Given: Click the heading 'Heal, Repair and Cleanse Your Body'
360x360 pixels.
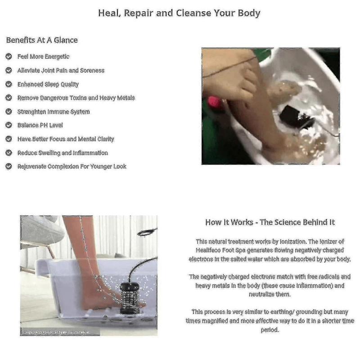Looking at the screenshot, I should pos(179,13).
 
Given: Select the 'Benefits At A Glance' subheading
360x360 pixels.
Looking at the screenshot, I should pos(42,40).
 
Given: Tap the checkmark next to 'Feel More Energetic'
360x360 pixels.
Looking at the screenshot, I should pos(9,57).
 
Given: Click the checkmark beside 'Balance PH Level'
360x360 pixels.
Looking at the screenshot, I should pos(9,125).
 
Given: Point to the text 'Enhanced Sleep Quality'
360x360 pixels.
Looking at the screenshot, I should pos(48,84).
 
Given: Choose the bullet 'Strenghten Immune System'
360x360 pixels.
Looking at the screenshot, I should pos(53,112).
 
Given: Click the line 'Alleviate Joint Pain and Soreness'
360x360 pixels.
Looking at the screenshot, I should pos(61,71).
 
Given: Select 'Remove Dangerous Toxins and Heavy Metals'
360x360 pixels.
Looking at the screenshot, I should pos(76,98).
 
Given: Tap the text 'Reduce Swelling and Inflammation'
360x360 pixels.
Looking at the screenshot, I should pos(63,153).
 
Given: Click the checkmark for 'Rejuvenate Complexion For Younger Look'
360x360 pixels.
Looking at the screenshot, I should pos(9,166).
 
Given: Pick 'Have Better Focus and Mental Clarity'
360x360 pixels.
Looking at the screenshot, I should pos(66,139).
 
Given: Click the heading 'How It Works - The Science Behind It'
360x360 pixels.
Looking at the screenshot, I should pos(270,222).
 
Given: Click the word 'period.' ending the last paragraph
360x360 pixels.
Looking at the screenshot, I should pos(270,330).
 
